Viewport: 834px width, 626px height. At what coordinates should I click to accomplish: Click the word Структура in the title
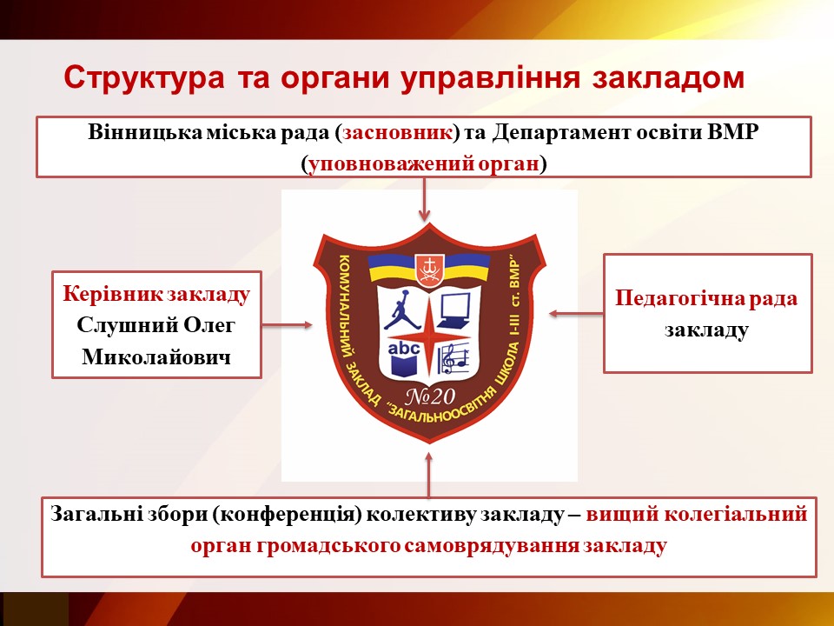point(144,77)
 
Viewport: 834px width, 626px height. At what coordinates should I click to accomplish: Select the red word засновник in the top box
point(397,132)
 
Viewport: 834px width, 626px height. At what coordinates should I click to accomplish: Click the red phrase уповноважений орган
point(424,163)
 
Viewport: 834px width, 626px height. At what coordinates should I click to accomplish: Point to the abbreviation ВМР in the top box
point(732,132)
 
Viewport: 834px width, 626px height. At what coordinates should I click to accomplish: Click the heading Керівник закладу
point(156,294)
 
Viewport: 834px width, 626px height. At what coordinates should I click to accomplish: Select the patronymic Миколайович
point(156,356)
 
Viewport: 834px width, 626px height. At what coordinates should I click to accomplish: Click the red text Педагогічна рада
point(706,298)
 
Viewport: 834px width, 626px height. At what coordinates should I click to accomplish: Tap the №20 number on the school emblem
point(430,396)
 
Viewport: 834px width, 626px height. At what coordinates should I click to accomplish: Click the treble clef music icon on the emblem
point(453,358)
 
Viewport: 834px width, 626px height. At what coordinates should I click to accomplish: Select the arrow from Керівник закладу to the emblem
point(287,324)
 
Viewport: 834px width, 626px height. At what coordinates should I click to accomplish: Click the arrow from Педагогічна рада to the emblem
point(576,314)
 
